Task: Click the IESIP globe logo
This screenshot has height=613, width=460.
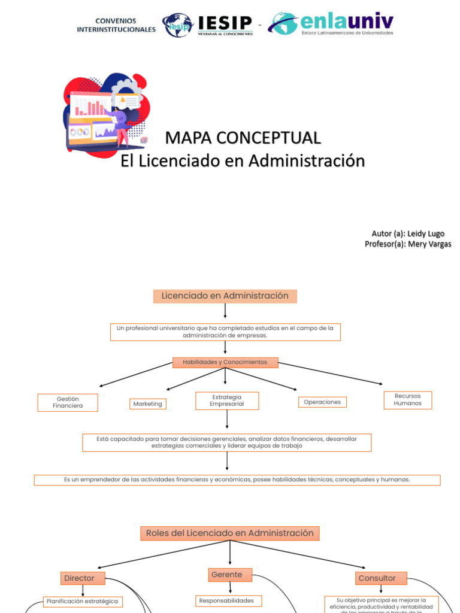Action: tap(178, 25)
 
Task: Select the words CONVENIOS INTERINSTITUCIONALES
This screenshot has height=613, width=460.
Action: tap(116, 25)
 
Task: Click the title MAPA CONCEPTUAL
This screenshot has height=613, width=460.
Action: tap(243, 138)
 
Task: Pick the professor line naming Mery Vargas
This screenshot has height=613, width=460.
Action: tap(408, 244)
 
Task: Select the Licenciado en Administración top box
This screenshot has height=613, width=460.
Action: tap(225, 296)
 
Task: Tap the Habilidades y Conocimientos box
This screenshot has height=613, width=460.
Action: tap(225, 362)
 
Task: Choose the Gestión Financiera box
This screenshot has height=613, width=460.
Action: tap(68, 402)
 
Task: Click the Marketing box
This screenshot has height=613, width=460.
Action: tap(147, 404)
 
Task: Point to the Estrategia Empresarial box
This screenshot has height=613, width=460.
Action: tap(227, 400)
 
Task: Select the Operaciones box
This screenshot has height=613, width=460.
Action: tap(322, 402)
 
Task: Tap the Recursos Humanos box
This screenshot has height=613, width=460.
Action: tap(407, 400)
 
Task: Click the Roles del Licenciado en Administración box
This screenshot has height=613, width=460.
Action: tap(230, 533)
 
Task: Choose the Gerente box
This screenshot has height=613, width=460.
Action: tap(230, 575)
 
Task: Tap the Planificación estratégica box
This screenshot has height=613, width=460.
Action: tap(83, 602)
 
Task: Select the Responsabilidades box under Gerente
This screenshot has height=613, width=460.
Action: tap(226, 600)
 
